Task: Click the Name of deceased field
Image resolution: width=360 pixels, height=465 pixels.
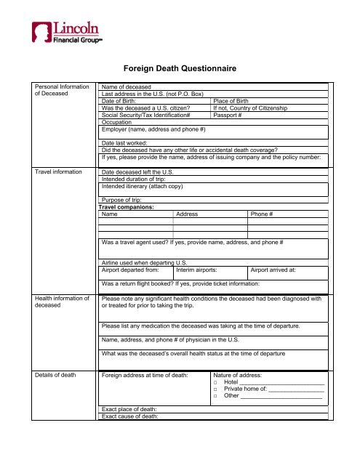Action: coord(211,87)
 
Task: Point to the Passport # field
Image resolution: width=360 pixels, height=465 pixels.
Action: coord(269,115)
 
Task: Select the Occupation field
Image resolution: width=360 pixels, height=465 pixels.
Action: coord(211,122)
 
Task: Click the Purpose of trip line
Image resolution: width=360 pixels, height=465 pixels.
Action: coord(211,200)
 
